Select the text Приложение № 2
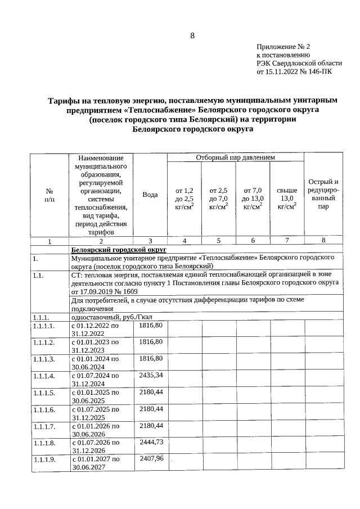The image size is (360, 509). (x=283, y=47)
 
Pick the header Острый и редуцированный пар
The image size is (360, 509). (x=323, y=194)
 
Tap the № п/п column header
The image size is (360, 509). (x=49, y=195)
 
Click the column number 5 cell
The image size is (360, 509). (x=218, y=241)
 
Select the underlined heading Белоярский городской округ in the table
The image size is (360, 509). (x=119, y=249)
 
